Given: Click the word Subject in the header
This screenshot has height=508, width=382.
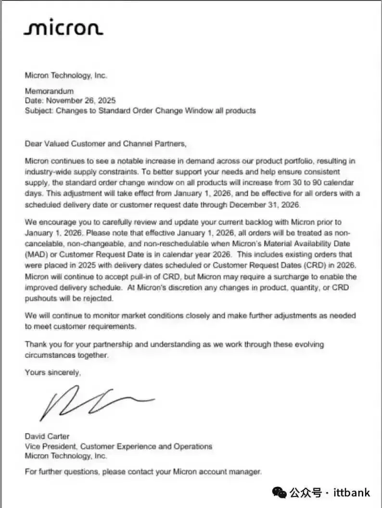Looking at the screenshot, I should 38,110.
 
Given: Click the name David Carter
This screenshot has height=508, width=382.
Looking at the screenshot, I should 47,436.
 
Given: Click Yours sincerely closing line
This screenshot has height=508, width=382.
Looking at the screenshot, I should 53,372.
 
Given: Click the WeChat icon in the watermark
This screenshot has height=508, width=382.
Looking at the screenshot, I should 280,492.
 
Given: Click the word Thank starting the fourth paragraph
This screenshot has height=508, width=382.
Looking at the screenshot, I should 36,344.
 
